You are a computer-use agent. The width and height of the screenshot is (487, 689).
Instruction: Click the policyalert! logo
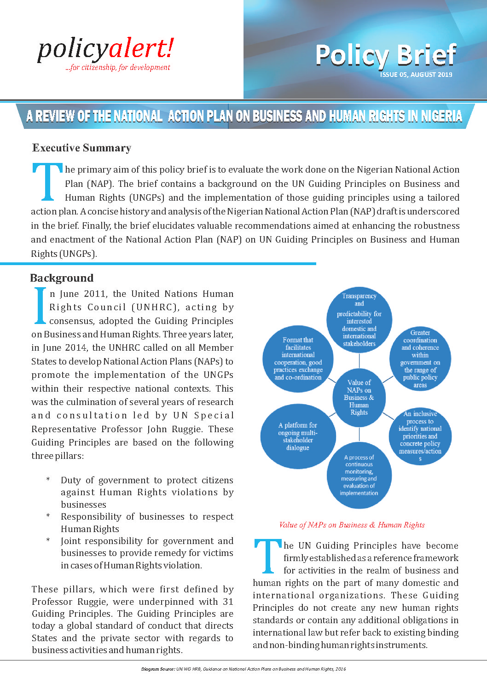(x=105, y=50)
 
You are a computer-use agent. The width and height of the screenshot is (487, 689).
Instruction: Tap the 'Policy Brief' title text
(x=386, y=55)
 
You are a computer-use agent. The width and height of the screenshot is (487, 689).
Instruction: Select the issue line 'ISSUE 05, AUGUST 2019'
(x=416, y=75)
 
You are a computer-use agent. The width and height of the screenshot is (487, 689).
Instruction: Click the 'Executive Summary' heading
(x=81, y=148)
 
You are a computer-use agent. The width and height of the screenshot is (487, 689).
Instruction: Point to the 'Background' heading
(x=62, y=278)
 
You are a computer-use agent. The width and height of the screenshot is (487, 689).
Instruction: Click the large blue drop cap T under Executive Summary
(x=47, y=182)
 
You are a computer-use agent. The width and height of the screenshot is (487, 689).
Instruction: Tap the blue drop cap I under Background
(x=41, y=306)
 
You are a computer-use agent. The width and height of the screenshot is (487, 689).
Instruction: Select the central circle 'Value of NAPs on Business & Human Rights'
(x=359, y=397)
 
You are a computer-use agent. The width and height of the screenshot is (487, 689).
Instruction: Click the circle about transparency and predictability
(x=359, y=319)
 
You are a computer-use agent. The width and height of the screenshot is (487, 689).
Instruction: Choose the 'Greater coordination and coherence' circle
(x=420, y=359)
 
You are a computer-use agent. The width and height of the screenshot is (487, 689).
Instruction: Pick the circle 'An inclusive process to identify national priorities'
(x=420, y=436)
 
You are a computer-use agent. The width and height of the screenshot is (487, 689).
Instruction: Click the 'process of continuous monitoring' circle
(x=359, y=475)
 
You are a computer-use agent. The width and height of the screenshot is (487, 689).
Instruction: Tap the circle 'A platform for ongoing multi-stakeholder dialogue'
(x=298, y=436)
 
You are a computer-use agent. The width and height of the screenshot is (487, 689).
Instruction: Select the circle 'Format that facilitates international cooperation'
(x=298, y=359)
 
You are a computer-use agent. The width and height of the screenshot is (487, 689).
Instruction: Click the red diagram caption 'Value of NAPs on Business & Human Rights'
(x=352, y=525)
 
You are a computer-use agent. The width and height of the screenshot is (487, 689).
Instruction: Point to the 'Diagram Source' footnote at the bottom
(x=243, y=669)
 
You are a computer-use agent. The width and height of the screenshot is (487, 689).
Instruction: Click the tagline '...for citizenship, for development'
(x=118, y=67)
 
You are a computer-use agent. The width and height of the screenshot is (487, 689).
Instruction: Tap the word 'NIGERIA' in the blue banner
(x=441, y=116)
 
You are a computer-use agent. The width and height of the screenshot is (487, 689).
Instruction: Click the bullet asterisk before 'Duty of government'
(x=48, y=480)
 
